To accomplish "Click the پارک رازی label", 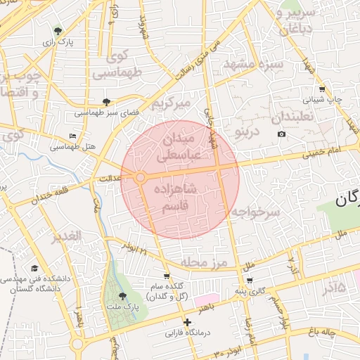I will click(x=57, y=43).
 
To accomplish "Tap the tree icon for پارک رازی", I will click(x=57, y=31).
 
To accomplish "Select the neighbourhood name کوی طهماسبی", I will click(x=117, y=64).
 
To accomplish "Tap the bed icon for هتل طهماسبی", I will click(x=73, y=136).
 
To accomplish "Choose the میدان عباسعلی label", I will click(x=181, y=147).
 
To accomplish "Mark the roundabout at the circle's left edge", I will click(x=141, y=178).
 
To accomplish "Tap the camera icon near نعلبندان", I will click(x=282, y=134).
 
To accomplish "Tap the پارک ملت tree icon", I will click(x=124, y=296).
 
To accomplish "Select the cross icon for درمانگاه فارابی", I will click(x=187, y=322).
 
